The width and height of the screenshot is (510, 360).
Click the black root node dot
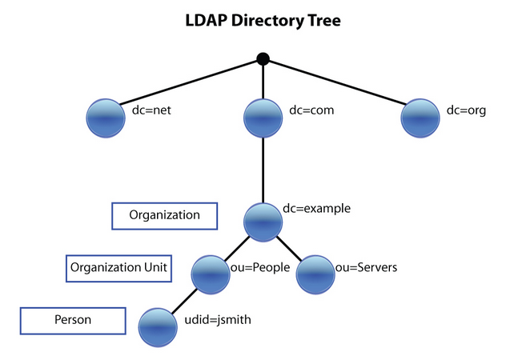point(263,58)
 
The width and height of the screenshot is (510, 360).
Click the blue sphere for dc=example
point(263,222)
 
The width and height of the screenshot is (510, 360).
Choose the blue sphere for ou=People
point(211,274)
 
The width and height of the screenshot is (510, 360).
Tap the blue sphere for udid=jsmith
point(159,326)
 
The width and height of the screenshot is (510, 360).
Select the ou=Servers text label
point(367,267)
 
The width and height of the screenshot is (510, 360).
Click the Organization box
point(165,215)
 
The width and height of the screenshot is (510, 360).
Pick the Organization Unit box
point(118,268)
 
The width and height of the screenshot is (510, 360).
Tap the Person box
point(73,320)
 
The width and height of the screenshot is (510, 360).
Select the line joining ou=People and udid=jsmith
point(185,301)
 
